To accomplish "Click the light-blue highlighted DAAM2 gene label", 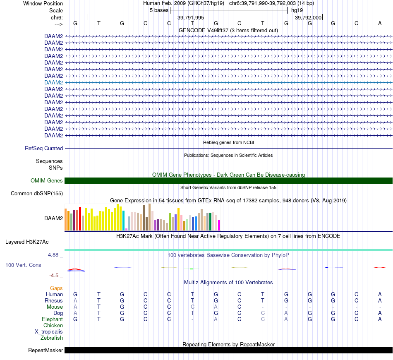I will point(53,82).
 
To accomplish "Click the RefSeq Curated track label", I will point(44,148).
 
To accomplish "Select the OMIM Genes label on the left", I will point(47,180).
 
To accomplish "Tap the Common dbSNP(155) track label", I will point(37,193).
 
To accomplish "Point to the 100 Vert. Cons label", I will point(23,265).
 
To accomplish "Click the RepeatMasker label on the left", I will point(46,350).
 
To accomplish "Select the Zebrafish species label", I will point(52,338).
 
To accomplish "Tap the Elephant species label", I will point(52,319).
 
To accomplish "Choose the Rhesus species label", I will point(54,300).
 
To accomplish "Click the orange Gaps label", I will point(56,288).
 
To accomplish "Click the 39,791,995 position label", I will point(191,18).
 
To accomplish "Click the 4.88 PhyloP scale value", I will point(53,255).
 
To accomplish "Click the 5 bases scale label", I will point(159,10).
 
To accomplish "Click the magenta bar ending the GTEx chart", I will point(219,225).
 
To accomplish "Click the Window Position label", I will point(43,3).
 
